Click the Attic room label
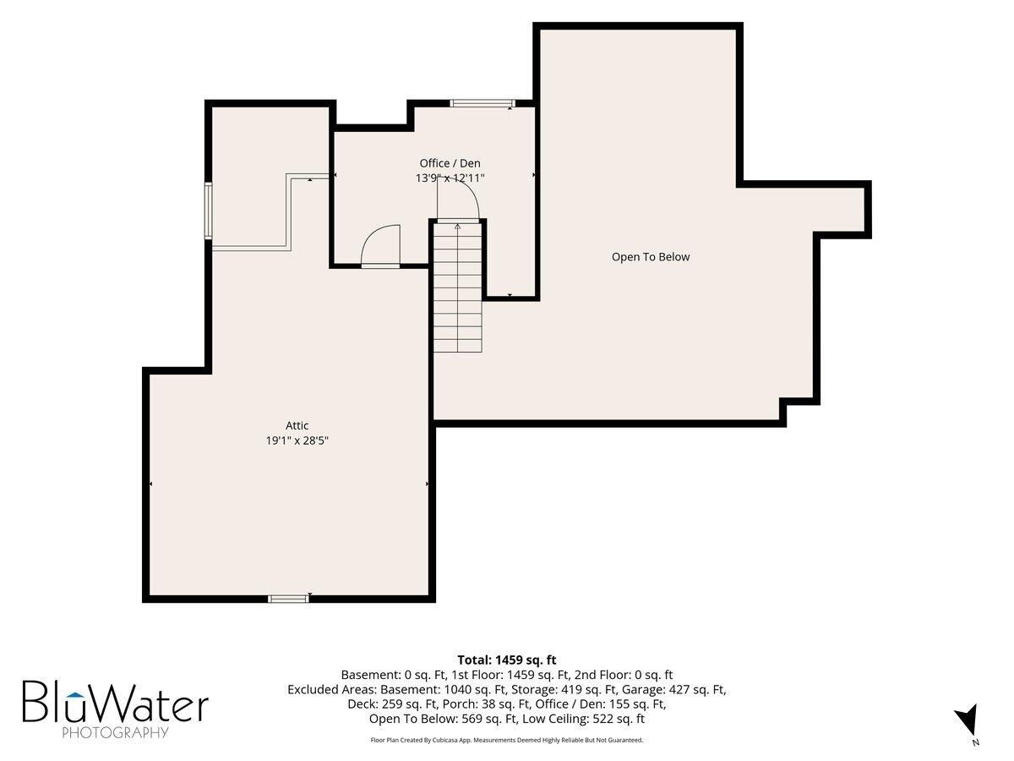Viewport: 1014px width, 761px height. click(297, 425)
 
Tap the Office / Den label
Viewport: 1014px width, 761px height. click(450, 163)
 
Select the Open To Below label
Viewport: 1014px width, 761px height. click(651, 257)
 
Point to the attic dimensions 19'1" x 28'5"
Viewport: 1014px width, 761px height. click(297, 441)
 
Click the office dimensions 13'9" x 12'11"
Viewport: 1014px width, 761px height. click(450, 178)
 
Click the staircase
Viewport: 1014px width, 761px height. click(458, 287)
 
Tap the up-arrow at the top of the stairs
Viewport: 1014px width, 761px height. click(458, 227)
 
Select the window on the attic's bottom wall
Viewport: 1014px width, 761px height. click(288, 599)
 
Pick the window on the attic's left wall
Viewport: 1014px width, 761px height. click(209, 211)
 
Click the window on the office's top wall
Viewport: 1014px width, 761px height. click(482, 103)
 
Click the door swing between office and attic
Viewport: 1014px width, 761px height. click(380, 245)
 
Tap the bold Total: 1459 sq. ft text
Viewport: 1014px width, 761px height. click(507, 660)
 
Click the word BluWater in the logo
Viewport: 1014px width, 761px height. click(116, 702)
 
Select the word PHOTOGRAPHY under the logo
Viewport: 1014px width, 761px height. click(115, 732)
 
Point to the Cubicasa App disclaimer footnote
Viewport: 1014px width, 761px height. click(507, 740)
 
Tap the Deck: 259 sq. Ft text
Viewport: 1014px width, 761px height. click(392, 704)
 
